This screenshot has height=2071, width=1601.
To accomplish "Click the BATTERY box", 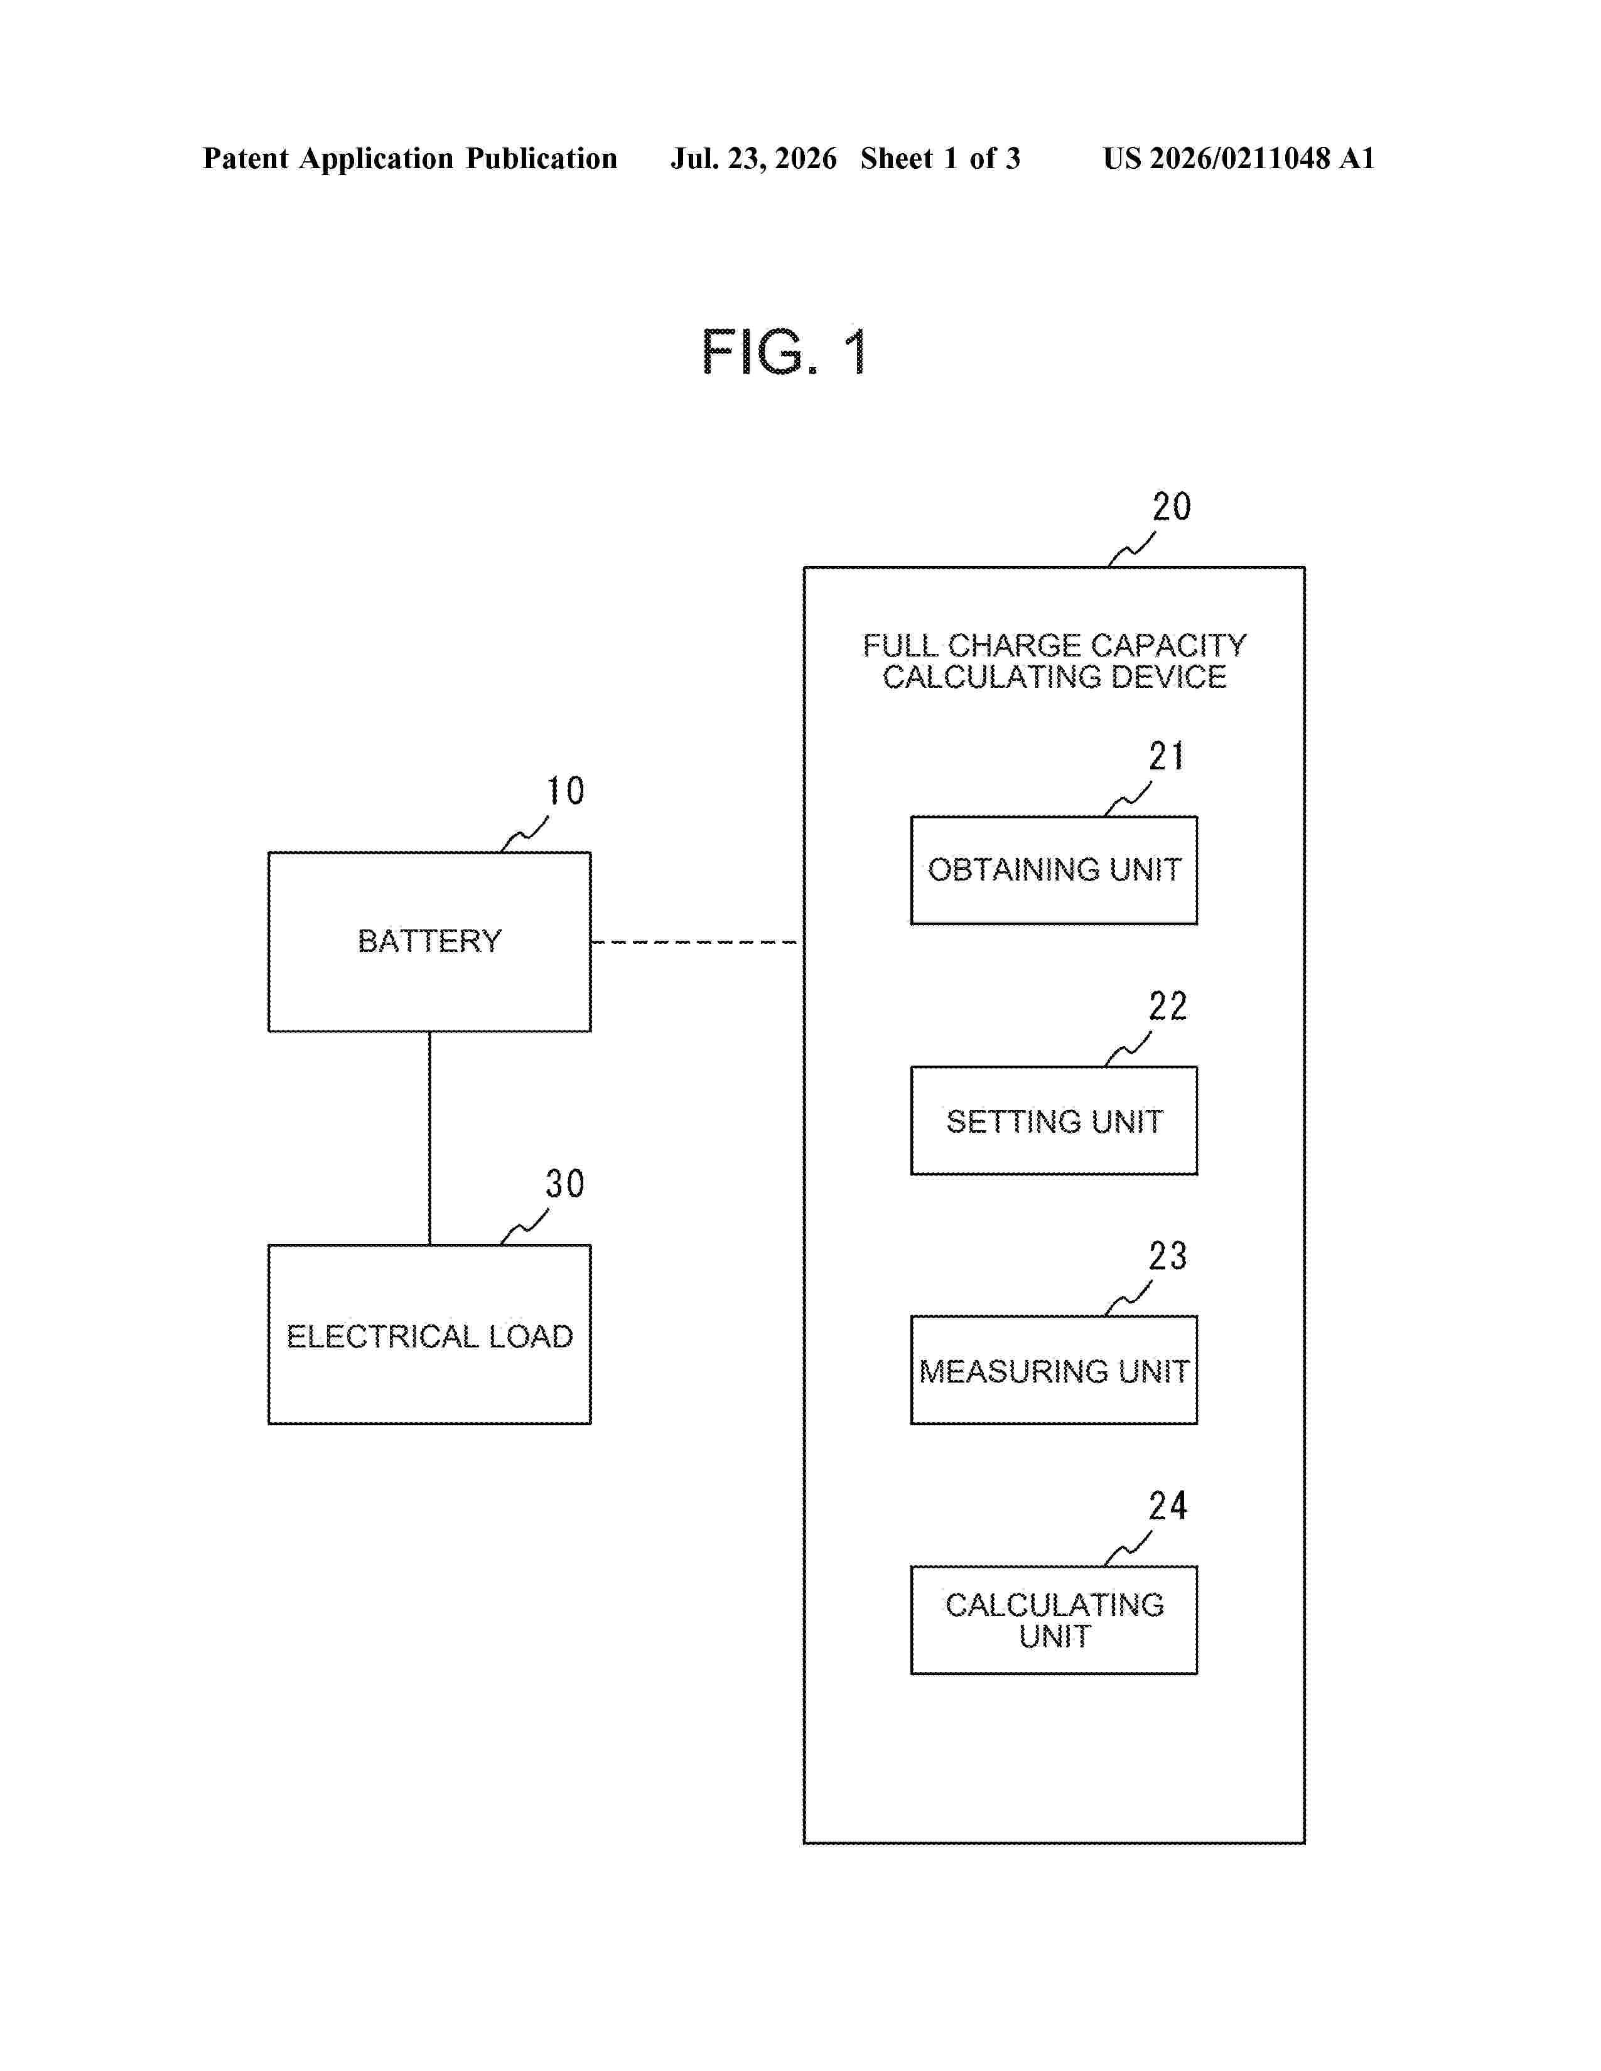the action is [429, 941].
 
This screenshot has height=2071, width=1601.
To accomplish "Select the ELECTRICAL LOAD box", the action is [429, 1334].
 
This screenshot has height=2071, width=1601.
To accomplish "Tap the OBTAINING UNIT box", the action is [1054, 870].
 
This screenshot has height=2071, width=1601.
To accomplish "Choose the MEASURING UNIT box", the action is [1054, 1369].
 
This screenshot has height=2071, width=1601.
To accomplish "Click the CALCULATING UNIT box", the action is [1054, 1620].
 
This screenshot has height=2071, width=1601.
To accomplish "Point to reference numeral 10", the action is [565, 791].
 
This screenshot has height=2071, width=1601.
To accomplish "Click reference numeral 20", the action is [1172, 506].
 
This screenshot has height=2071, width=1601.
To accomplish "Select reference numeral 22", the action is [1168, 1006].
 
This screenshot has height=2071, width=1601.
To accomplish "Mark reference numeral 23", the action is [1168, 1256].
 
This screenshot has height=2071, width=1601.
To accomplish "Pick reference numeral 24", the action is [1168, 1506].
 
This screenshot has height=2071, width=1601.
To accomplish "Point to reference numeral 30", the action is [565, 1184].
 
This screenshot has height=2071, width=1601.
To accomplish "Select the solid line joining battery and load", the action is [429, 1138].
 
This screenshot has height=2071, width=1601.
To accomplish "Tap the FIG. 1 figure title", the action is [784, 352].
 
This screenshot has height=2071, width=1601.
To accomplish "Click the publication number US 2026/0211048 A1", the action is [1239, 158].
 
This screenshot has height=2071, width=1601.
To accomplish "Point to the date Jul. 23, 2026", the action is [754, 158].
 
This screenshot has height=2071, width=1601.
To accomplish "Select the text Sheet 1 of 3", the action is [940, 158].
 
